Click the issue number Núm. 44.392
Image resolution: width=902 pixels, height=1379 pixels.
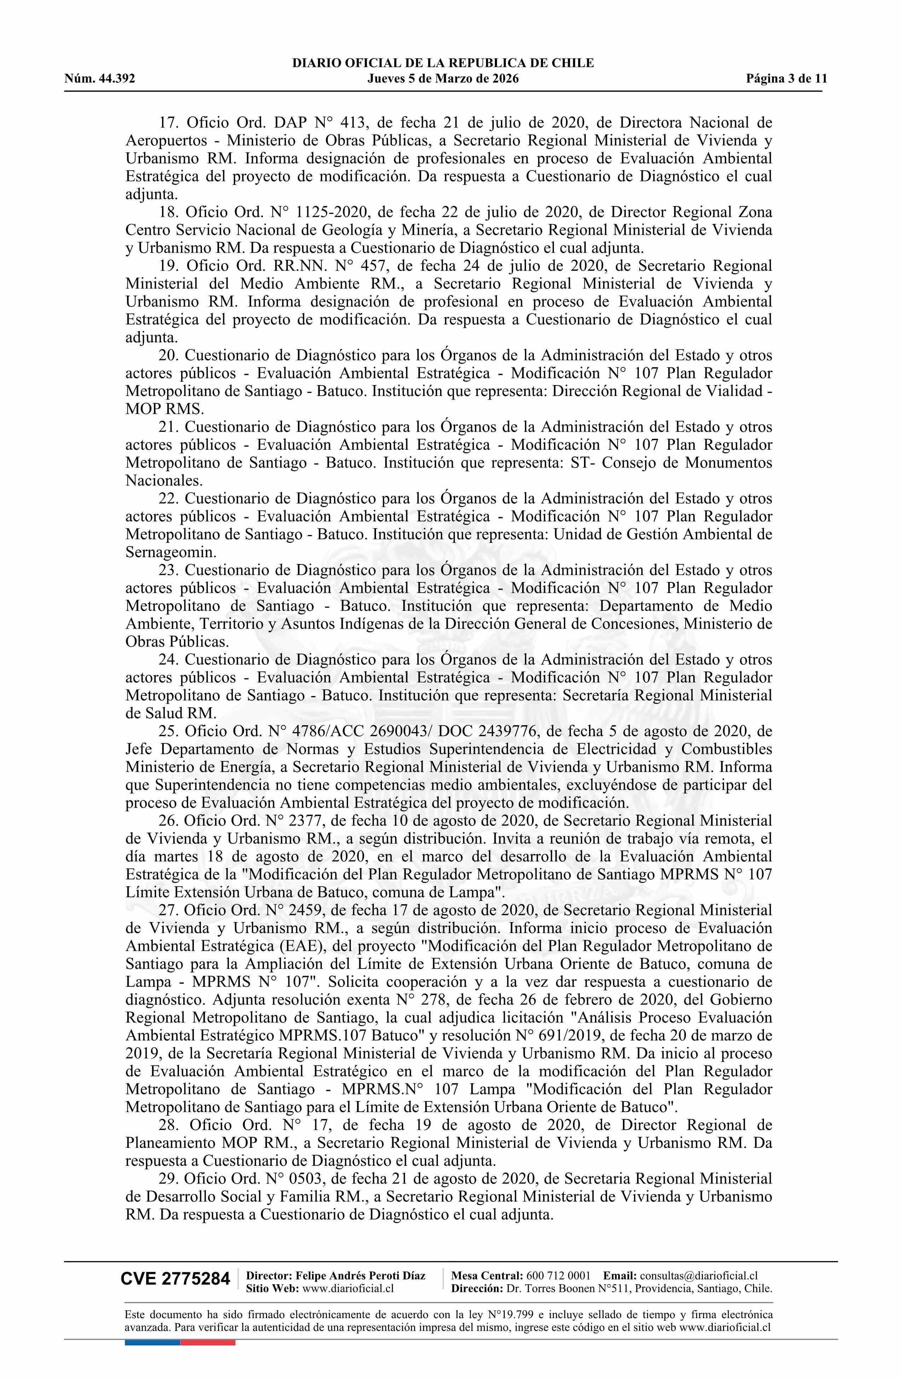100,79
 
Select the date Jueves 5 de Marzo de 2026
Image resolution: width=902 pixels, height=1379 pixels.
443,79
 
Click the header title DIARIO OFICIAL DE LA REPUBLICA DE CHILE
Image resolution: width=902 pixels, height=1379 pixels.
443,63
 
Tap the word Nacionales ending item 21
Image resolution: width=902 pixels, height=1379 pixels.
164,480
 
